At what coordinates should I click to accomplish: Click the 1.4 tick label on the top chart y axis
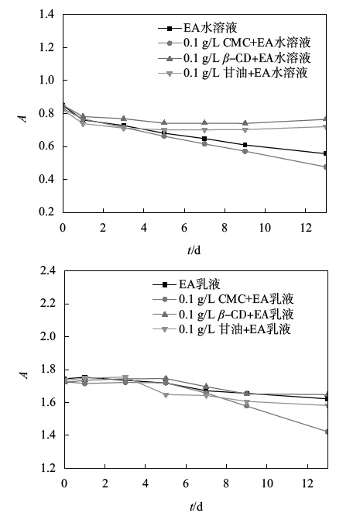coord(46,14)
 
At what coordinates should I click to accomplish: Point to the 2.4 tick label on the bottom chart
coord(48,271)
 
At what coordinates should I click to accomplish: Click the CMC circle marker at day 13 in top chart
coord(325,167)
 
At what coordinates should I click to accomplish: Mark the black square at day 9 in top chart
coord(245,145)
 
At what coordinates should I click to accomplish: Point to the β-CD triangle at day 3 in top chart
coord(124,119)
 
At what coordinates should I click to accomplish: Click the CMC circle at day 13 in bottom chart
coord(327,432)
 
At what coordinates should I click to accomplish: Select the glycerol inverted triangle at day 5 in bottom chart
coord(166,394)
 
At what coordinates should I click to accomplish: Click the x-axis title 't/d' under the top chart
coord(194,250)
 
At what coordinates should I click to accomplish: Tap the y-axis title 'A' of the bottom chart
coord(24,375)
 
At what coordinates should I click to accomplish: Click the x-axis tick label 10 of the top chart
coord(265,227)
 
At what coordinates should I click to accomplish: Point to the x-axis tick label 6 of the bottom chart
coord(186,483)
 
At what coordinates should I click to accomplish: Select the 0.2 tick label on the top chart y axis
coord(46,212)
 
